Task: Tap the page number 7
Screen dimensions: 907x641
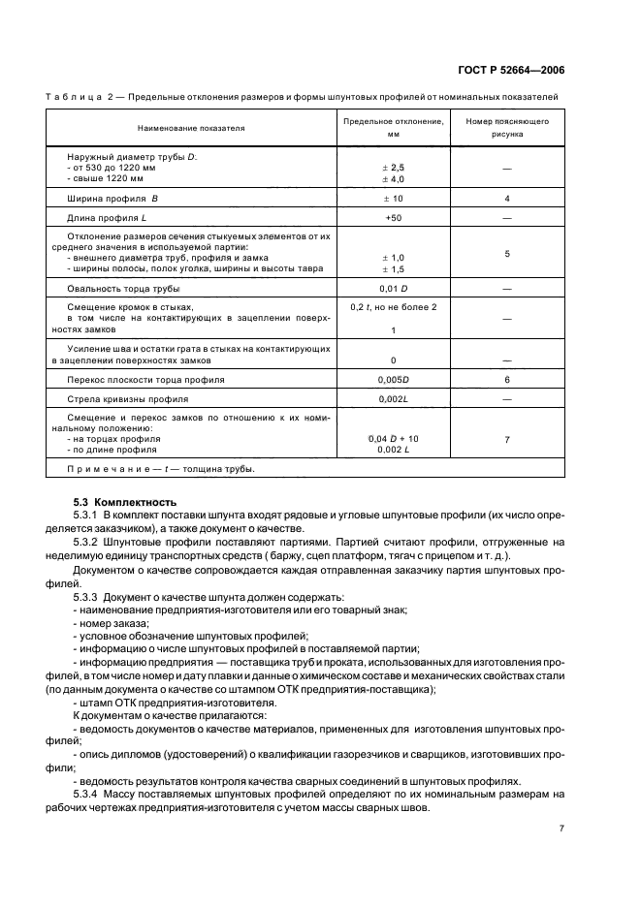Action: pos(561,829)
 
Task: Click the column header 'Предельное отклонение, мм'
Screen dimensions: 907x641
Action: pos(394,128)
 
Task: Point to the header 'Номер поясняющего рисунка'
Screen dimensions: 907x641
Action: pos(507,128)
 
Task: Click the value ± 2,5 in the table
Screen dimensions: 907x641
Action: pos(393,168)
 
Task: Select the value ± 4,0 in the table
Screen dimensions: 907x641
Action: pos(393,179)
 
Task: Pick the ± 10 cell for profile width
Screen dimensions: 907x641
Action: pos(393,199)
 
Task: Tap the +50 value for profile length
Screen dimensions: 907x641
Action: pos(393,218)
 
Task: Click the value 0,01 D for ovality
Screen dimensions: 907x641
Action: pos(393,289)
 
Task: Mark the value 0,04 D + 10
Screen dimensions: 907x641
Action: pos(393,439)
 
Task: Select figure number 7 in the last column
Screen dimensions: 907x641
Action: pos(507,440)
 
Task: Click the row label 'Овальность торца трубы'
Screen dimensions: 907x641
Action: pos(123,289)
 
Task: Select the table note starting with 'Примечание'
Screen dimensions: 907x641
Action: pos(160,469)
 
